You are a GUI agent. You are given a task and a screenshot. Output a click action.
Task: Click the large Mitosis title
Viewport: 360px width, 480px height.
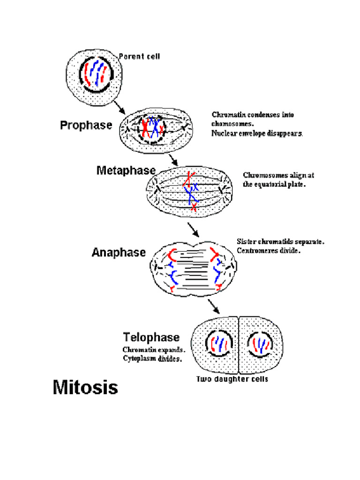click(x=85, y=388)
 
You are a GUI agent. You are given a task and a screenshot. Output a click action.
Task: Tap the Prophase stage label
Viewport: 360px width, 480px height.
click(x=86, y=125)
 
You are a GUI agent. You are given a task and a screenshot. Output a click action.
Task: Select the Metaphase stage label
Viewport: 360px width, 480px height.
click(x=126, y=171)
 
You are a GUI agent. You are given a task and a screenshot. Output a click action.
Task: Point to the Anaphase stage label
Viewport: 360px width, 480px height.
click(x=119, y=253)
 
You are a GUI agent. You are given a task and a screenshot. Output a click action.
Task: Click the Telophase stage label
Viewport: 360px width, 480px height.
click(x=151, y=337)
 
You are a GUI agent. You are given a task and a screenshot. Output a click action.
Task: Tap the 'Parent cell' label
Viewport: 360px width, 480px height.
click(x=139, y=57)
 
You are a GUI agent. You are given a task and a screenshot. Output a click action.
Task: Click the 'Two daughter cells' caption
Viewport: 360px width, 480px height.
click(x=232, y=379)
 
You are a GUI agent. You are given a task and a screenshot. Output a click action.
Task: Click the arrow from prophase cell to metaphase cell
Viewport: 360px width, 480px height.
click(x=172, y=159)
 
